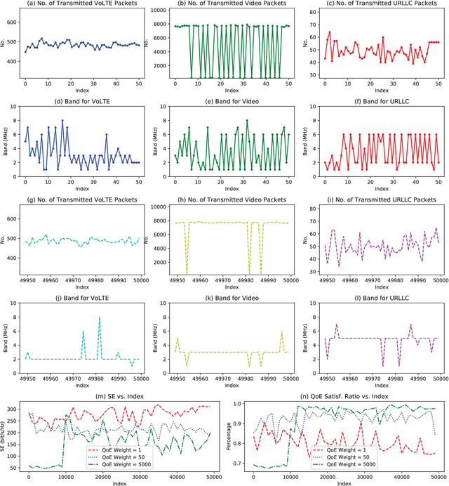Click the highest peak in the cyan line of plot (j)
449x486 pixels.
click(x=100, y=318)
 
